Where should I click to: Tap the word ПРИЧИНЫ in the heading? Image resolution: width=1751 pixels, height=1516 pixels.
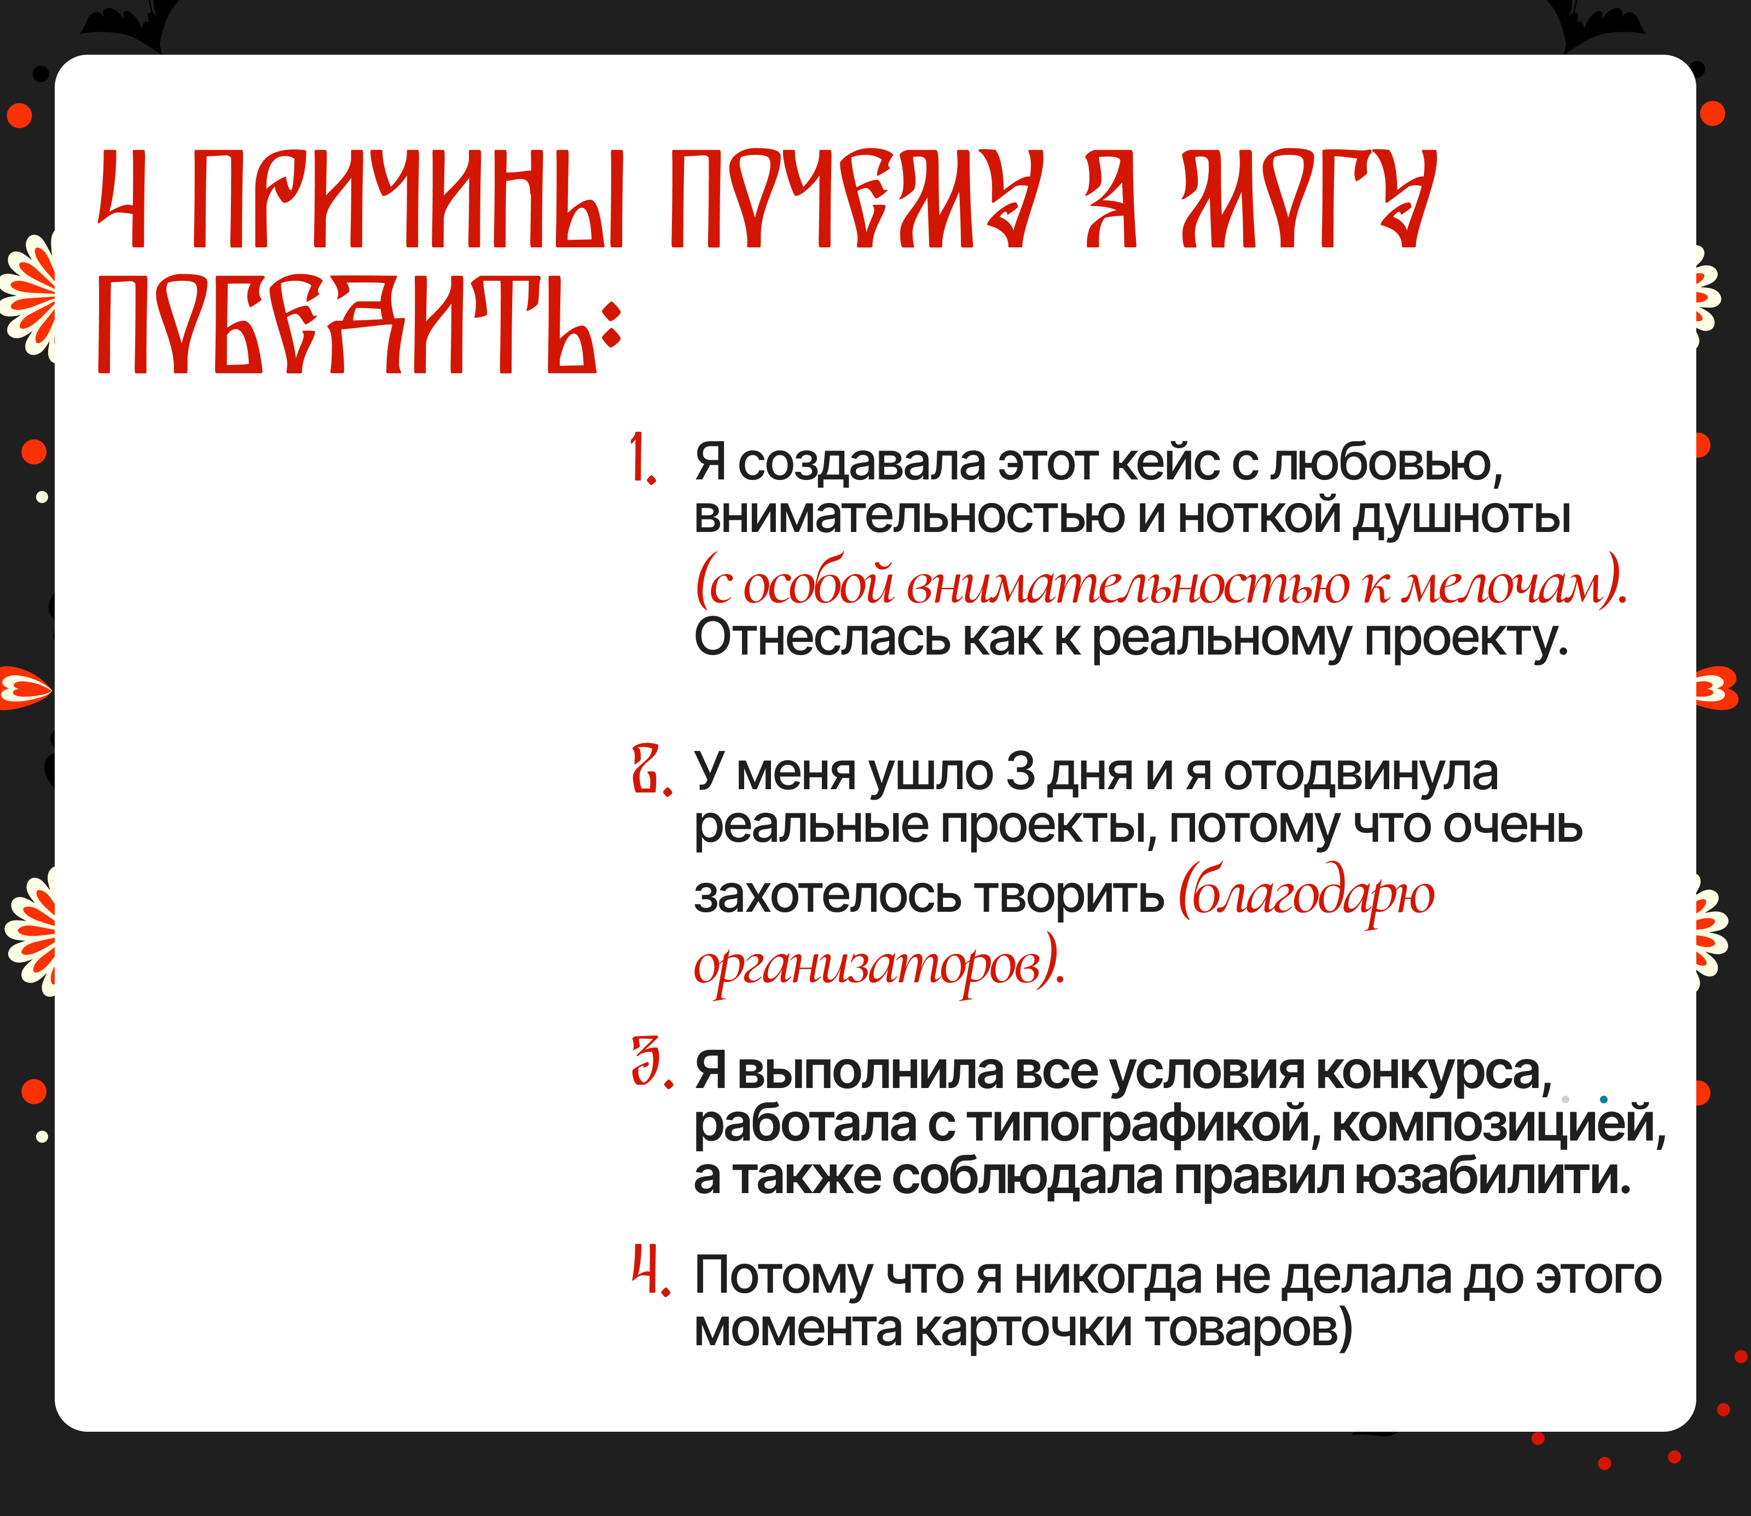pyautogui.click(x=409, y=199)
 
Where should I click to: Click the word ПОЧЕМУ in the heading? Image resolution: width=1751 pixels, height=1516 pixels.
pyautogui.click(x=856, y=199)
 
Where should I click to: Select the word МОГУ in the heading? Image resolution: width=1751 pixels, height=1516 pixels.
pyautogui.click(x=1309, y=199)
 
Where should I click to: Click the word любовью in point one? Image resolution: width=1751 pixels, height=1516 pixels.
pyautogui.click(x=1385, y=463)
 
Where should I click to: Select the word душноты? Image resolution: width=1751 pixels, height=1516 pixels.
pyautogui.click(x=1461, y=516)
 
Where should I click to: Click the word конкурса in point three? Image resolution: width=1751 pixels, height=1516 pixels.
pyautogui.click(x=1434, y=1072)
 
